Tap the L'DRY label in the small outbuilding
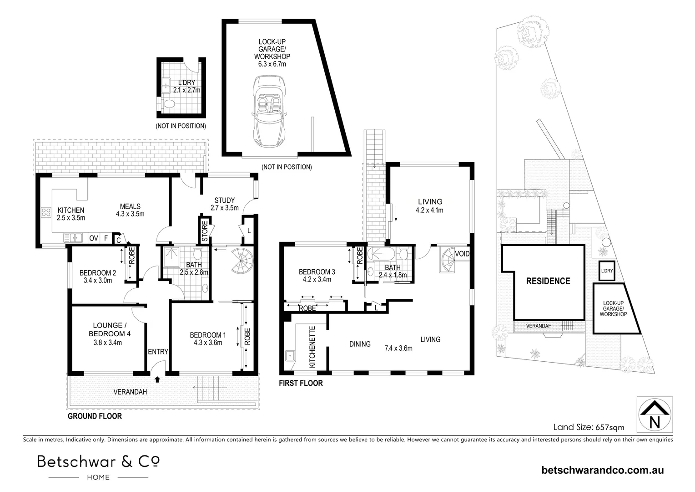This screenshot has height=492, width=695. point(174,82)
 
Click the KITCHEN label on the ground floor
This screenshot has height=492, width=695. point(71,210)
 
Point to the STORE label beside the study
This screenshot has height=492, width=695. point(205,231)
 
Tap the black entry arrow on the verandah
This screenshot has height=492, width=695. point(157,379)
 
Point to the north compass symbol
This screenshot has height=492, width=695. point(655,414)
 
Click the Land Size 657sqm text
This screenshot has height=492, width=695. point(589,427)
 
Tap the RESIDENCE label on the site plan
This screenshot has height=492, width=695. point(548,281)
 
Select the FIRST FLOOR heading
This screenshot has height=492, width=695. point(301,383)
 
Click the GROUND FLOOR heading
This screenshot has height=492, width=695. point(95,416)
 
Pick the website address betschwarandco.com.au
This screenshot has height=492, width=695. point(603,470)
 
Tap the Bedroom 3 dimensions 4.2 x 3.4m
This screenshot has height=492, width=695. point(317,280)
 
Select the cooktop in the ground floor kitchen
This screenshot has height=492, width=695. point(46,212)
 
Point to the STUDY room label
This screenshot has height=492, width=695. point(224,200)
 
